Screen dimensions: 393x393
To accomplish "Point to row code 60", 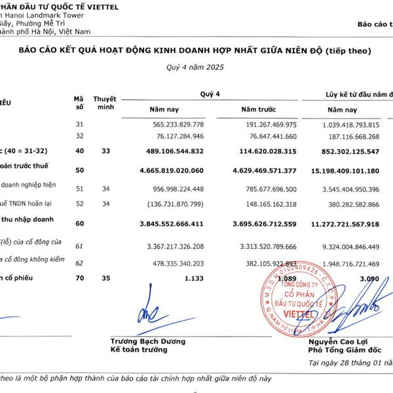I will [x=80, y=223].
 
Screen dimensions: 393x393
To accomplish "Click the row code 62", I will [x=80, y=263].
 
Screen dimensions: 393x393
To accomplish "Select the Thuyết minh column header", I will [x=105, y=102].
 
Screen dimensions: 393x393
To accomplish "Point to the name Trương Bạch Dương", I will [x=147, y=341].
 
